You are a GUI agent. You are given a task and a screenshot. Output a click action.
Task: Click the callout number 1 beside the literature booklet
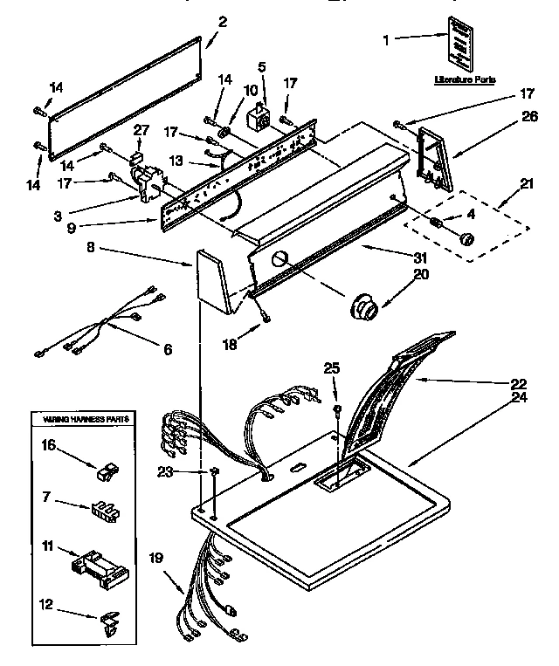pyautogui.click(x=388, y=38)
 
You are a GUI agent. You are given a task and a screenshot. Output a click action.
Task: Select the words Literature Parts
pyautogui.click(x=465, y=79)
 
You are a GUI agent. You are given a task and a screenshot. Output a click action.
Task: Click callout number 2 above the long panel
pyautogui.click(x=223, y=22)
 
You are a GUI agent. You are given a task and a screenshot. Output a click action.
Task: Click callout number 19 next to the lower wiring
pyautogui.click(x=155, y=556)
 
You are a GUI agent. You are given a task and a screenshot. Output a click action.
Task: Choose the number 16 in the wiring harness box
pyautogui.click(x=49, y=445)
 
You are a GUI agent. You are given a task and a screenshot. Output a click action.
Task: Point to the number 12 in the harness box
pyautogui.click(x=49, y=602)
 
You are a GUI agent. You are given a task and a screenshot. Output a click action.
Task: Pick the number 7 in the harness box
pyautogui.click(x=45, y=498)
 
